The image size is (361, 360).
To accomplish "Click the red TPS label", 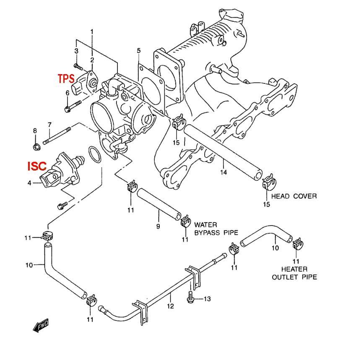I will point(66,78).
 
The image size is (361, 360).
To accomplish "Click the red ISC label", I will point(37,166).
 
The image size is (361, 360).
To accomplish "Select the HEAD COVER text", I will point(294,196).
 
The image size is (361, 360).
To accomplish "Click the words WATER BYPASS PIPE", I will point(216,228).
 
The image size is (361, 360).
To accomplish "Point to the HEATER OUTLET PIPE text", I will point(294,273).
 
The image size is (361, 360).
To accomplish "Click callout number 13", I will point(207,299).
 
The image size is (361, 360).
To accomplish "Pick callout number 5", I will point(139,51).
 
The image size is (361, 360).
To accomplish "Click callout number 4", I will point(29,182).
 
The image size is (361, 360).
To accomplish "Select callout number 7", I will point(49,124).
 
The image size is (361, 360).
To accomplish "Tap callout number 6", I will point(68,93).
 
